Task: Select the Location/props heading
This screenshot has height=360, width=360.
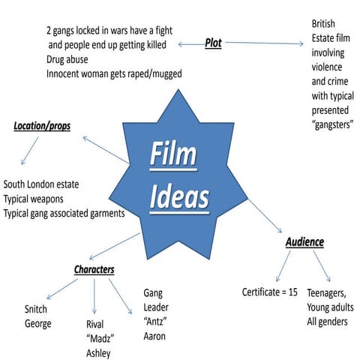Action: point(42,126)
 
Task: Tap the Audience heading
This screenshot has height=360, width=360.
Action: point(304,242)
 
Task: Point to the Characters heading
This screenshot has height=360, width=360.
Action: point(99,269)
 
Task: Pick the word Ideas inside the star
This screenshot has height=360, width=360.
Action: point(178,196)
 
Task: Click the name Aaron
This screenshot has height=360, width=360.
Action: point(154,336)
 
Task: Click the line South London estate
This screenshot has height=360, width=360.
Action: point(52,184)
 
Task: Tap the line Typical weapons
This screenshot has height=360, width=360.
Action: point(43,199)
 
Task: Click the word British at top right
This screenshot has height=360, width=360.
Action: point(325,24)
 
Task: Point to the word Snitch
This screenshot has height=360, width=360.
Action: point(40,310)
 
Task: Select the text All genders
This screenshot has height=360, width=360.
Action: point(326,322)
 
